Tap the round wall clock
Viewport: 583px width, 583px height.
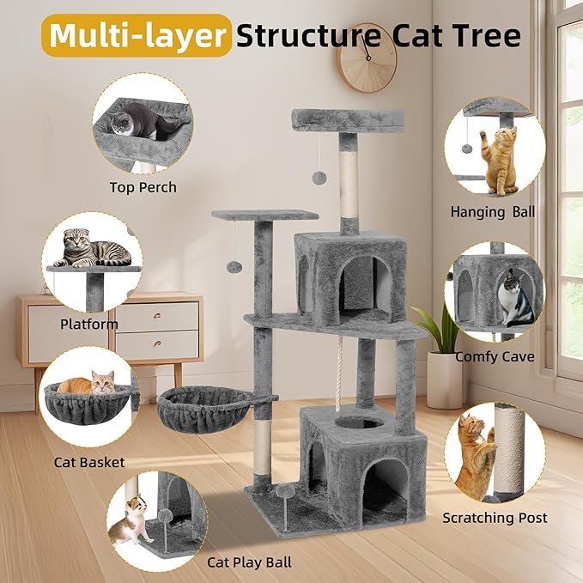point(367,58)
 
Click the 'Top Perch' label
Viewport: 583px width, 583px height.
point(143,187)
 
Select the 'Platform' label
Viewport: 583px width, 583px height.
point(89,324)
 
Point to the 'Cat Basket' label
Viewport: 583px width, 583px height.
point(89,462)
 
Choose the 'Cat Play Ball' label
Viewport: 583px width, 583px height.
point(249,562)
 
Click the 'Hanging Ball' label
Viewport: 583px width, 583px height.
point(493,211)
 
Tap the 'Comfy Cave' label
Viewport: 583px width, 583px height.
point(495,356)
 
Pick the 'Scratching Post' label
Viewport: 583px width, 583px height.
point(495,517)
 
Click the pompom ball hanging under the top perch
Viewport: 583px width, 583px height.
point(319,177)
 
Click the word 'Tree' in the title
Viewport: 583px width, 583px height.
point(487,35)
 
